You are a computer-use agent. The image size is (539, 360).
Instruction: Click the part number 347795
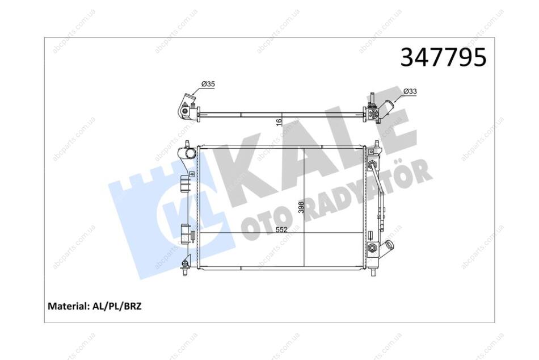[x=444, y=57]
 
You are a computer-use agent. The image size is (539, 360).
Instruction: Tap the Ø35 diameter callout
[x=208, y=83]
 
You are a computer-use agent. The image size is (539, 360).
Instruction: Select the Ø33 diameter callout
[x=410, y=91]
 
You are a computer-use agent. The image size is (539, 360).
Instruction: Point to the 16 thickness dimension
[x=279, y=122]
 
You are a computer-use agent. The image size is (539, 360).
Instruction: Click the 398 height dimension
[x=301, y=207]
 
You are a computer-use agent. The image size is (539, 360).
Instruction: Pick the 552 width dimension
[x=281, y=229]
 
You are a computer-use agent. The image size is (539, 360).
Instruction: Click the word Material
[x=68, y=306]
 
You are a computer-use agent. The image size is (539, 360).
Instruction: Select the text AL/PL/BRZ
[x=116, y=306]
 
